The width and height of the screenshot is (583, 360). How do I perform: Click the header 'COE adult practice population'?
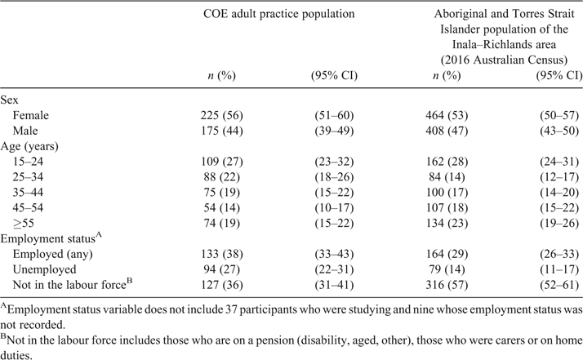279,14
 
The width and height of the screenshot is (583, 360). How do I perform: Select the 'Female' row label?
30,115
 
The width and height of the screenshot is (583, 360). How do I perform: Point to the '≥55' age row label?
24,223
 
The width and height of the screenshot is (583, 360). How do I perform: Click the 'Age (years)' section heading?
29,146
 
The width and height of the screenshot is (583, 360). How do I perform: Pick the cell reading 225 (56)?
221,115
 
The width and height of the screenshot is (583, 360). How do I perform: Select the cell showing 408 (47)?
447,131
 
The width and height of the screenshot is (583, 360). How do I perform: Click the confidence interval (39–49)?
334,131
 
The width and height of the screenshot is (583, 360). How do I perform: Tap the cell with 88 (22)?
221,177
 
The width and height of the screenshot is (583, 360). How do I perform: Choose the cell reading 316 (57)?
447,285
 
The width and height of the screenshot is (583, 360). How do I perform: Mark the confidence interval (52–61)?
559,285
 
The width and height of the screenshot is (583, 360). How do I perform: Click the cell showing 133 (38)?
221,254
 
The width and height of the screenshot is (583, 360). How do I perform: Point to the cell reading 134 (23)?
447,223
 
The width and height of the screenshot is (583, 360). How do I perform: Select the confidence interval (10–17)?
334,208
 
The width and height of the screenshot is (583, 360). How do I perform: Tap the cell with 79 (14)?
447,269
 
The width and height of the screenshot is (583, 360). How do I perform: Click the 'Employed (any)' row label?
52,254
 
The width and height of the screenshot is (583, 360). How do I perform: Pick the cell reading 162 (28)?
447,162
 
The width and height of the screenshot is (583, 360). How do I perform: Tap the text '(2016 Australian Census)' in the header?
504,60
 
